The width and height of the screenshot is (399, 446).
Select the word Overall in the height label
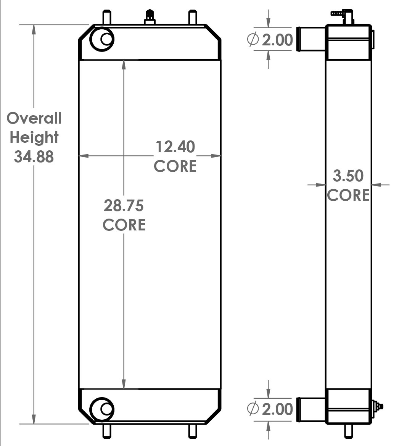point(34,118)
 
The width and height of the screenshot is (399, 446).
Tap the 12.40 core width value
point(175,147)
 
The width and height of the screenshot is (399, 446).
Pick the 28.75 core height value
point(124,206)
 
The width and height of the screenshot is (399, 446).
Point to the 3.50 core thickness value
point(348,176)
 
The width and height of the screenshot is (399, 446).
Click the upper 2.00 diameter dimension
point(277,40)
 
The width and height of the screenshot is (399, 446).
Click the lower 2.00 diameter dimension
point(277,409)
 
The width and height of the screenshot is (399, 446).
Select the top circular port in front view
point(102,39)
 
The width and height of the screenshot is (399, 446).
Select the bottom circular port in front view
point(102,409)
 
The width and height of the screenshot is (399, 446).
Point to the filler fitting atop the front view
point(150,18)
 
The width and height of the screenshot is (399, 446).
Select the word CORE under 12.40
point(175,166)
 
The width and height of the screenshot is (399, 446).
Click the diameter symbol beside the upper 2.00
point(253,40)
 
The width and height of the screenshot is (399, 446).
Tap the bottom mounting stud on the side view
point(348,431)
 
